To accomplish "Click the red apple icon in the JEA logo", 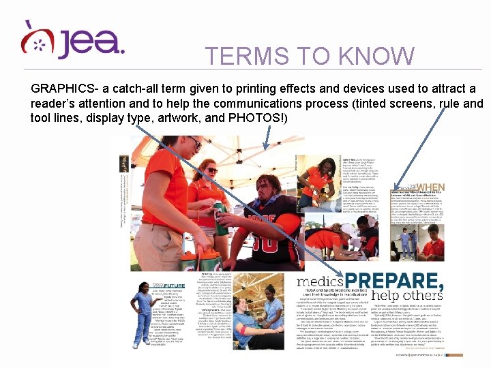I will [x=36, y=40].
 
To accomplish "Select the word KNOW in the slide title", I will [x=378, y=56].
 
